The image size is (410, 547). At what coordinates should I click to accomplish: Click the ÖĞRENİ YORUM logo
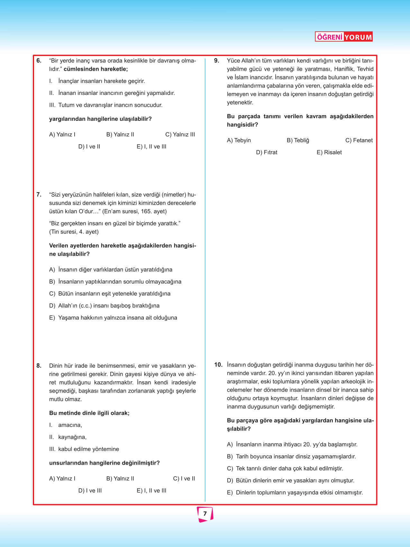click(343, 37)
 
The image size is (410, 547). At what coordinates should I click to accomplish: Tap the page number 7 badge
click(205, 514)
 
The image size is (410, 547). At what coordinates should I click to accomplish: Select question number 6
click(39, 60)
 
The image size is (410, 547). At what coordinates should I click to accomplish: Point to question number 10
click(218, 365)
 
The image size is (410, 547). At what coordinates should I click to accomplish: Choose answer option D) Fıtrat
click(267, 152)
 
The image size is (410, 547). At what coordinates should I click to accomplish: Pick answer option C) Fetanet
click(359, 140)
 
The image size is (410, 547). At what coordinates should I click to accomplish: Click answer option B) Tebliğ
click(298, 140)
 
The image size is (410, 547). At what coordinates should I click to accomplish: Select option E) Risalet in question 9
click(329, 152)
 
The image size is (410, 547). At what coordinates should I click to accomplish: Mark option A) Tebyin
click(239, 140)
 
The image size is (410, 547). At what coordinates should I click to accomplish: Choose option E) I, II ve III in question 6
click(151, 146)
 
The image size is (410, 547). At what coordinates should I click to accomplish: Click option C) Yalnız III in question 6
click(180, 134)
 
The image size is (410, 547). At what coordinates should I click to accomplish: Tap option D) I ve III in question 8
click(90, 490)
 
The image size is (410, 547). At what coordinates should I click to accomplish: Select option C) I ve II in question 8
click(184, 478)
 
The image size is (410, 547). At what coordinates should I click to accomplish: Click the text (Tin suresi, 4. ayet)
click(74, 232)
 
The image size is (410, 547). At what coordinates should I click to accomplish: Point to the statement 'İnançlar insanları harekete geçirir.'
click(101, 81)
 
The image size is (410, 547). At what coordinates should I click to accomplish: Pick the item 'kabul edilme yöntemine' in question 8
click(88, 449)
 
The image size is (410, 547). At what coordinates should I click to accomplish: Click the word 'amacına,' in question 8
click(70, 425)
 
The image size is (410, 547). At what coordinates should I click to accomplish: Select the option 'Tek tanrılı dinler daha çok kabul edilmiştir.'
click(289, 468)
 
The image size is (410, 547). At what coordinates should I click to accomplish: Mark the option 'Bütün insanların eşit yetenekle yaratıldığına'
click(114, 293)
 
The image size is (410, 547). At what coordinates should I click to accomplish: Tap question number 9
click(217, 60)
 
